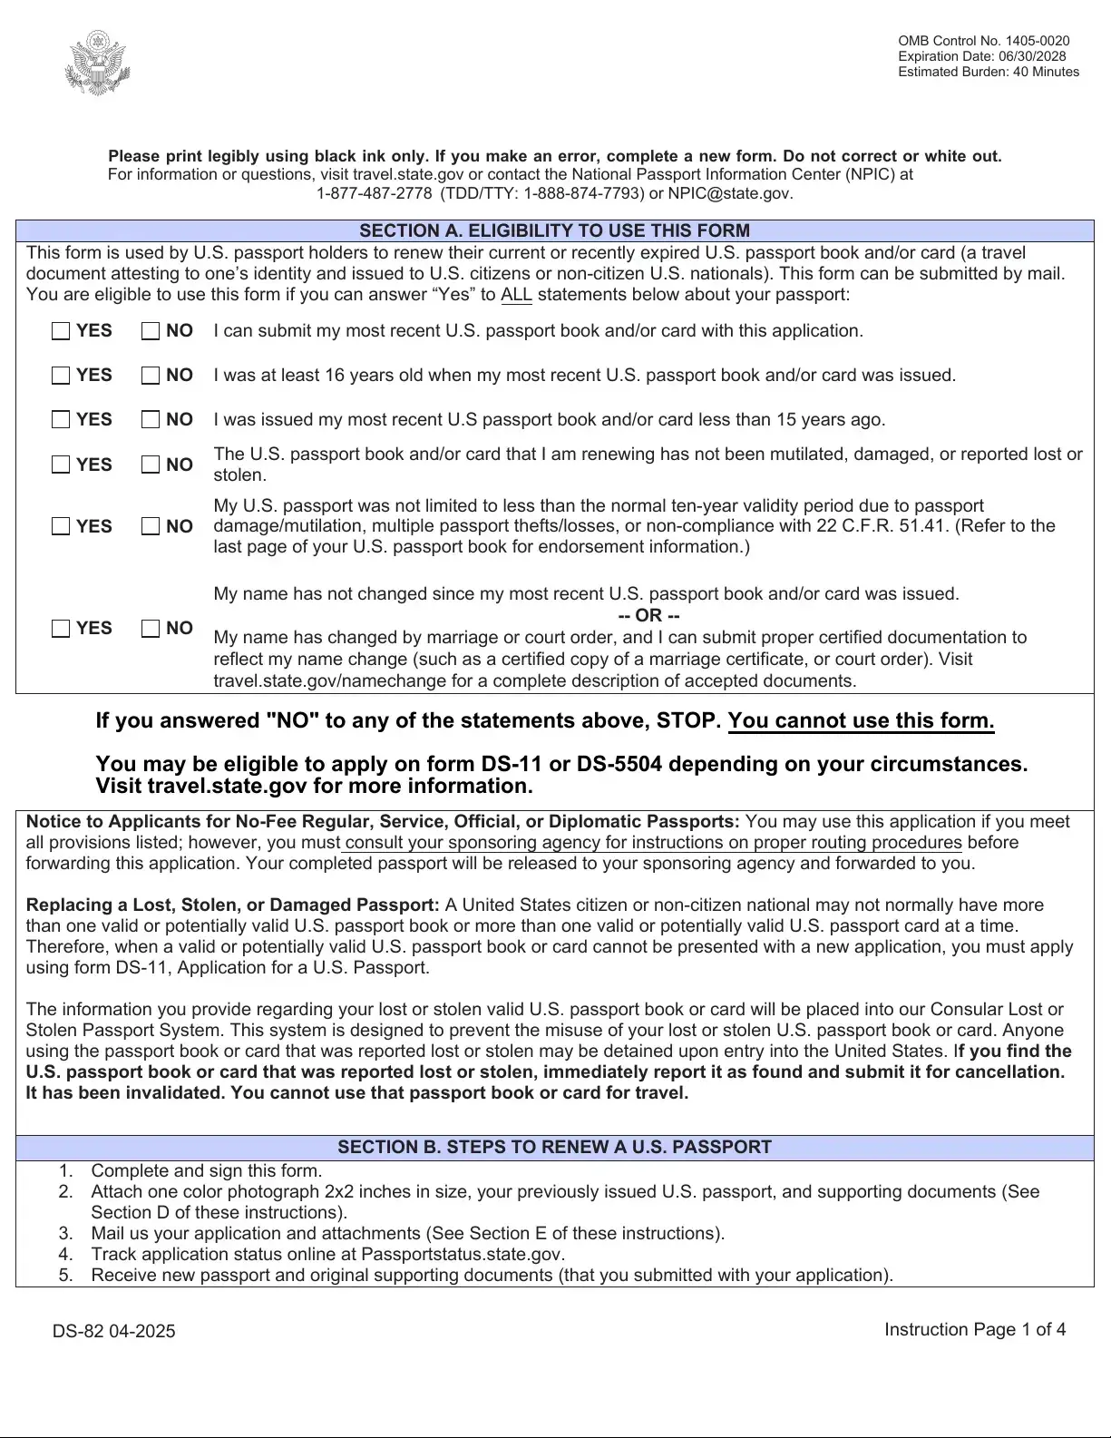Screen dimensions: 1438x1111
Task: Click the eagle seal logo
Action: [x=97, y=64]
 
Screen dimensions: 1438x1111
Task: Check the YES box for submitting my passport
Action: [x=61, y=331]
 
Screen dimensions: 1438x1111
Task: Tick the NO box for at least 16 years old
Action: [x=151, y=376]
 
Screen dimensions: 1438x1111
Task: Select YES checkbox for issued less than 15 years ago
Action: [x=61, y=420]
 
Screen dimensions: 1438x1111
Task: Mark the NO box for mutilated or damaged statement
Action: [x=151, y=465]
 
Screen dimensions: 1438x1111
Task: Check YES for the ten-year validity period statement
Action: [x=61, y=526]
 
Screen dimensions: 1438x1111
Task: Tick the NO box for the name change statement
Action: [x=151, y=629]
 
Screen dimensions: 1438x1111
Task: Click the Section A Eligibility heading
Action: [x=554, y=230]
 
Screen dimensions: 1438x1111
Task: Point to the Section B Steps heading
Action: [x=554, y=1147]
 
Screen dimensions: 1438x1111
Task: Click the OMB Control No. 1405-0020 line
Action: [x=983, y=41]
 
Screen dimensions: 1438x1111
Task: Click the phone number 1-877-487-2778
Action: [x=374, y=193]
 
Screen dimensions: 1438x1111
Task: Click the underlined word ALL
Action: [x=516, y=294]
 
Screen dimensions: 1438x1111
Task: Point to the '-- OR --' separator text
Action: [x=648, y=615]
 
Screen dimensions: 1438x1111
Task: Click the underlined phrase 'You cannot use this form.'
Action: [x=861, y=721]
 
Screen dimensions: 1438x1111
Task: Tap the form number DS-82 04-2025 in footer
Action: [x=113, y=1331]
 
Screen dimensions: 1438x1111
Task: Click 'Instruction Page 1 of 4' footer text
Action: [x=975, y=1329]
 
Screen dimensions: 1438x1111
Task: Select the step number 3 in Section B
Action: [x=65, y=1233]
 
